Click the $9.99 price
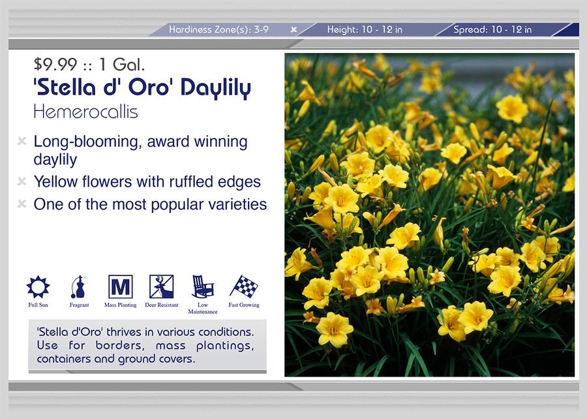[x=55, y=65]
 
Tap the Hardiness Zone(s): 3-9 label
[x=218, y=29]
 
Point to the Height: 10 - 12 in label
[x=365, y=29]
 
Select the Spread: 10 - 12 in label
[x=492, y=29]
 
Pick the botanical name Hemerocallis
[x=85, y=112]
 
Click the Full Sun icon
[x=38, y=287]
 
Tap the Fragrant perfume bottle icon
[x=79, y=287]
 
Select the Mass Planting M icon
[x=120, y=287]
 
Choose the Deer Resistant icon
[x=161, y=287]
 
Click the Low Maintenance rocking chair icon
[x=203, y=287]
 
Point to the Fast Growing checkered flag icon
[x=244, y=287]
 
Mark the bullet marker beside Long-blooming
[x=22, y=141]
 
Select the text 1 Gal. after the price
[x=122, y=65]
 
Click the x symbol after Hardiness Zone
[x=294, y=29]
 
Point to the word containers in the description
[x=64, y=359]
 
